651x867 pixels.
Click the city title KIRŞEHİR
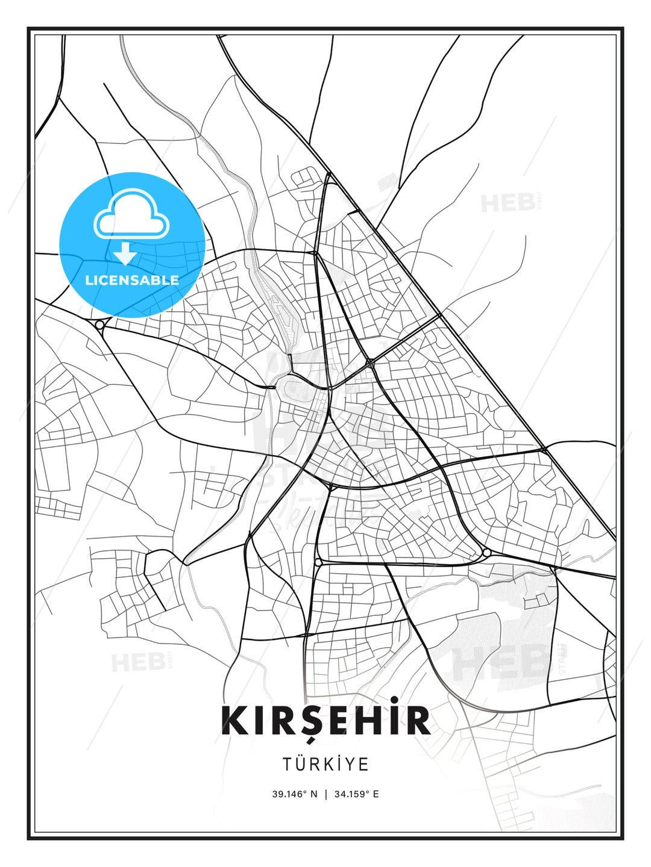click(325, 721)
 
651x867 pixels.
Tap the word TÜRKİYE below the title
click(325, 764)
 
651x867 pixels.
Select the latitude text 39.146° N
click(294, 794)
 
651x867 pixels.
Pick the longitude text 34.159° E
click(356, 794)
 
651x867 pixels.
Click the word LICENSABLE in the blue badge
click(132, 280)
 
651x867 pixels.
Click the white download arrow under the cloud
click(125, 253)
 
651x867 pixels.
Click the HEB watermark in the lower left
click(138, 662)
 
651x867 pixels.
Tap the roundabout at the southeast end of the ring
click(486, 552)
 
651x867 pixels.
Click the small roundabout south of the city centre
click(318, 562)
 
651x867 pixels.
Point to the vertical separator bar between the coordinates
click(326, 794)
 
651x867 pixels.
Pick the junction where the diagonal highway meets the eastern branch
click(544, 449)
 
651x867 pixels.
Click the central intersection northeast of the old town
click(370, 363)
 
